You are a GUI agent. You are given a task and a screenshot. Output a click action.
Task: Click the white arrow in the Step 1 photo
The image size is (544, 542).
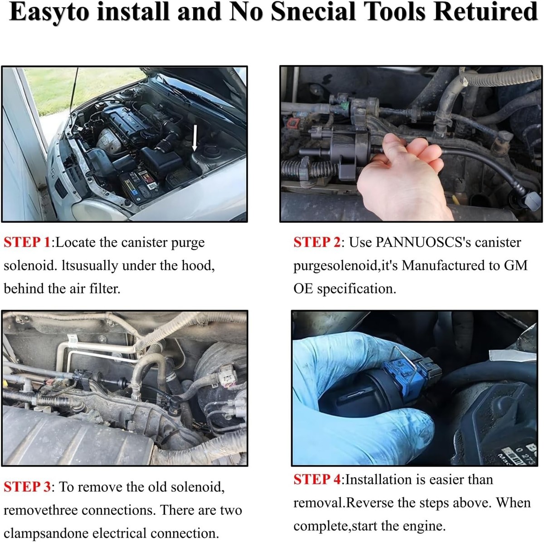[x=194, y=138]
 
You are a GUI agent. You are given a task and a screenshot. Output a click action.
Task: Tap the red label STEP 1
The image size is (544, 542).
[x=27, y=242]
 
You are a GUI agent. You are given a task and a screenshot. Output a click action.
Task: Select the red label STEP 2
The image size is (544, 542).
[x=317, y=242]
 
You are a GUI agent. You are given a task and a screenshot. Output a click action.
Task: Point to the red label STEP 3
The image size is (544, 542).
[x=27, y=487]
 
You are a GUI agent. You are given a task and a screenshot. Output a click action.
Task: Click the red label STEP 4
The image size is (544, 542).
[x=317, y=480]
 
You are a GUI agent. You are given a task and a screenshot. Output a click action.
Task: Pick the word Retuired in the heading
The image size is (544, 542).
[x=485, y=12]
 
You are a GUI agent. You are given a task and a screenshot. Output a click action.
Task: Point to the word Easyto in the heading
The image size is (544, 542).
[x=49, y=12]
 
